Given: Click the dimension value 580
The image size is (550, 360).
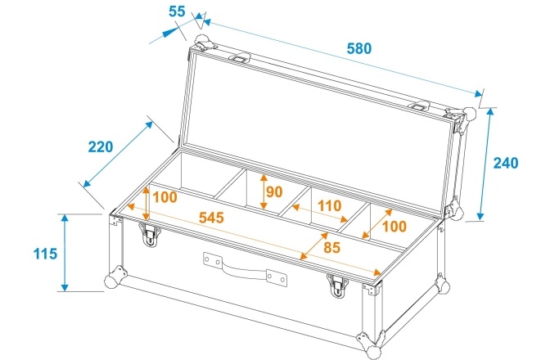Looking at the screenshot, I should (357, 47).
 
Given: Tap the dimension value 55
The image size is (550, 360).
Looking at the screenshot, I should (176, 12).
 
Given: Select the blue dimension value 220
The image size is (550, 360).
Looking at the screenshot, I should (101, 147).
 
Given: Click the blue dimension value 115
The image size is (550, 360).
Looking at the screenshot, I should (46, 253).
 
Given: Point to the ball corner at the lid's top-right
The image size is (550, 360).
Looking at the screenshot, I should (471, 114).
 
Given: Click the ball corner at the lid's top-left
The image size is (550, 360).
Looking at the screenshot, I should (201, 41).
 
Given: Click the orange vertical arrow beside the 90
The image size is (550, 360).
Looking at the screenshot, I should (263, 191).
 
